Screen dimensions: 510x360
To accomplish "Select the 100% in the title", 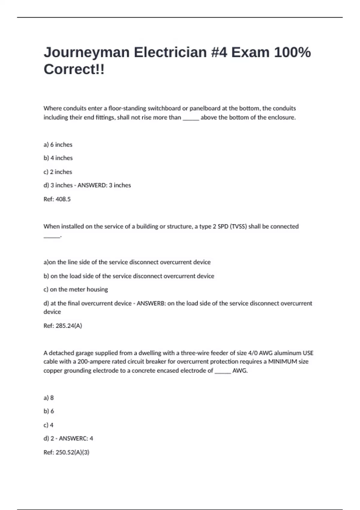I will click(292, 52).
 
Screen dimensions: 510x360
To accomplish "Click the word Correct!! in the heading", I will click(74, 70).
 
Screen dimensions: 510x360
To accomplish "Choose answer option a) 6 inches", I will click(58, 145).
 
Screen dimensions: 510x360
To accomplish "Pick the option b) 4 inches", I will click(58, 158).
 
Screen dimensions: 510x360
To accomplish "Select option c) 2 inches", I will click(58, 172).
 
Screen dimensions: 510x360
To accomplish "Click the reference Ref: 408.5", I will click(57, 199).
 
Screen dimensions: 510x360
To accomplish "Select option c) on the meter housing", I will click(76, 289).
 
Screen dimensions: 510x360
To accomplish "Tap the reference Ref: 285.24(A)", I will click(63, 326).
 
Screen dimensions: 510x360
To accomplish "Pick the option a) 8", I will click(49, 398).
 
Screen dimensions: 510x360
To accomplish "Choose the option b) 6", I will click(49, 411).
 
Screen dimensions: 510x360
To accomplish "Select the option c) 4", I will click(48, 425).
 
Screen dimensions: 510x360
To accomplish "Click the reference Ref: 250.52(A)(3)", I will click(66, 452).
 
